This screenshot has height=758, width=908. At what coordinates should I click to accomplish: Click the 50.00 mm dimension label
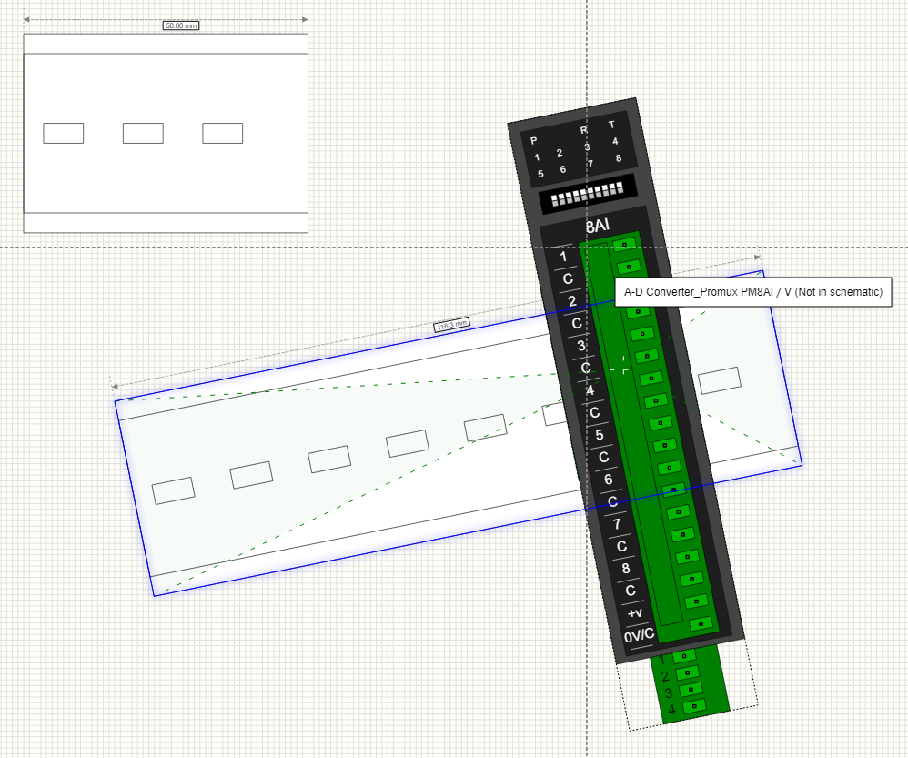[180, 25]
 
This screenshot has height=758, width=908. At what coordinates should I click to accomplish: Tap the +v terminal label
[635, 613]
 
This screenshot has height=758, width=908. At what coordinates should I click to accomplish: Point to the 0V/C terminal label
[639, 635]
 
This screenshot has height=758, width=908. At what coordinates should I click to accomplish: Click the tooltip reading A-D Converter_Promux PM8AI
[753, 292]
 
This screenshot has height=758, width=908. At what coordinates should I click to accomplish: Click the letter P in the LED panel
[534, 140]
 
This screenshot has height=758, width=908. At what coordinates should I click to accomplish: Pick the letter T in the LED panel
[611, 125]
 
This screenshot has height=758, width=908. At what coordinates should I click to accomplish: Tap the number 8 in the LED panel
[618, 158]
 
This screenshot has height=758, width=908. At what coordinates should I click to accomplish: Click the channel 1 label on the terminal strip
[563, 257]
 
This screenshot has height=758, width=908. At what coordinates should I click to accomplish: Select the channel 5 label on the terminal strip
[600, 435]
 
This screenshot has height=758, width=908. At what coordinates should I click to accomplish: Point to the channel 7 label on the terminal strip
[617, 524]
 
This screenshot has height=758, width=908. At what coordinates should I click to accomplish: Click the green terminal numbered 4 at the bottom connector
[696, 706]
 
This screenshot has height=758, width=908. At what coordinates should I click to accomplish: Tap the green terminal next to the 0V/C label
[699, 624]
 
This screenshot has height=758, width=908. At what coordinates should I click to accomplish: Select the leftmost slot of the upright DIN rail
[63, 133]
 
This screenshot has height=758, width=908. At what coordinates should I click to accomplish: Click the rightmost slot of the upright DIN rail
[222, 133]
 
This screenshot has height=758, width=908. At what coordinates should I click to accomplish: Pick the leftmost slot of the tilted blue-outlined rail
[173, 490]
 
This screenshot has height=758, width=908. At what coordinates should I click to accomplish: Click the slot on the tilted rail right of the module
[719, 380]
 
